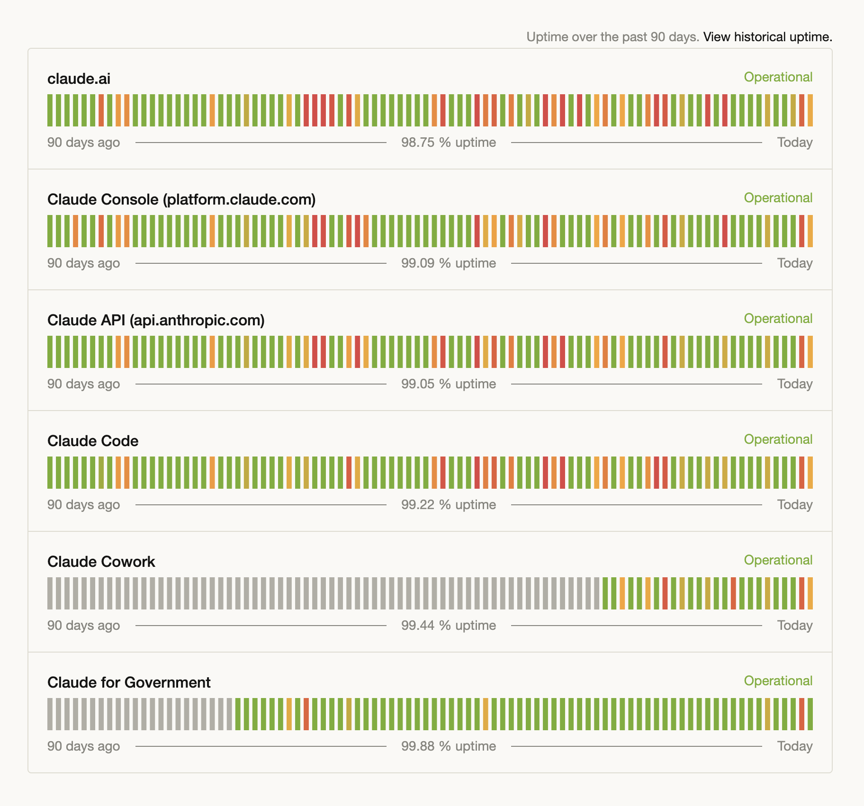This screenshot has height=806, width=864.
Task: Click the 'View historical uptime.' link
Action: (767, 37)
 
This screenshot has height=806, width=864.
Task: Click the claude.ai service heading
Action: (79, 79)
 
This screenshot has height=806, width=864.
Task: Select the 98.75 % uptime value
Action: (448, 143)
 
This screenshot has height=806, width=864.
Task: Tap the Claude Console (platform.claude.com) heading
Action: (181, 199)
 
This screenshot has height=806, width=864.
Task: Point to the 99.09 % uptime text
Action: (448, 263)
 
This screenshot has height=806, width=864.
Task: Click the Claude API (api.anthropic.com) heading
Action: (156, 320)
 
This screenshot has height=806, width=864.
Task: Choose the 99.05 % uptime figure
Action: (448, 384)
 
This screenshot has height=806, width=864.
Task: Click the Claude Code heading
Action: (93, 441)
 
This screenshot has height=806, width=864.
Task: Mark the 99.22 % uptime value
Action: (448, 505)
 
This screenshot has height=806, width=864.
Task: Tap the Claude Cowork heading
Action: (101, 562)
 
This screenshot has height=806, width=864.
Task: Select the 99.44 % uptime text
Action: (448, 626)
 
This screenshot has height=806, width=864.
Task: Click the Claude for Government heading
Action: (129, 682)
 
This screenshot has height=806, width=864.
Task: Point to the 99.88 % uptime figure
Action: (448, 746)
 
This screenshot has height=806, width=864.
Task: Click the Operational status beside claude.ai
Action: (778, 77)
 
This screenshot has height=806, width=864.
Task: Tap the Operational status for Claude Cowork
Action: (778, 560)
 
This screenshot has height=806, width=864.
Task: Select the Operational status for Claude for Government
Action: (778, 681)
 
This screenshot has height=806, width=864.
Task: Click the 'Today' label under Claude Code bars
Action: (794, 505)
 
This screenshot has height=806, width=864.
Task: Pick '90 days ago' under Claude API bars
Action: (83, 384)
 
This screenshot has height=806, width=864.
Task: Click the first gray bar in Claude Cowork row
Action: (50, 593)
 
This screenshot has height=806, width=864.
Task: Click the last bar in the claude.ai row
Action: (810, 110)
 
